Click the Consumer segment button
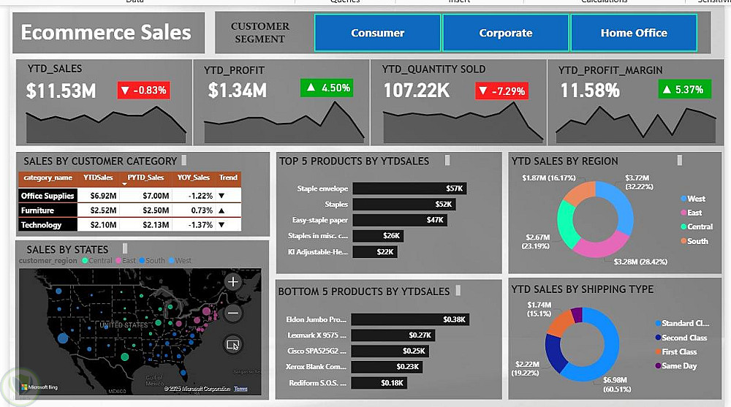pyautogui.click(x=377, y=33)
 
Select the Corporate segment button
pyautogui.click(x=505, y=33)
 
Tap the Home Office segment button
pyautogui.click(x=634, y=33)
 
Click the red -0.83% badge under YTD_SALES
pyautogui.click(x=143, y=91)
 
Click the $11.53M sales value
pyautogui.click(x=61, y=91)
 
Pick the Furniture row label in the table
pyautogui.click(x=37, y=210)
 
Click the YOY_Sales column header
pyautogui.click(x=194, y=178)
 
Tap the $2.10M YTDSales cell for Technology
pyautogui.click(x=94, y=225)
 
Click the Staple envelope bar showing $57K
pyautogui.click(x=409, y=189)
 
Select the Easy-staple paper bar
pyautogui.click(x=399, y=220)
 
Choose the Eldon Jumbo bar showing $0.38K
pyautogui.click(x=409, y=319)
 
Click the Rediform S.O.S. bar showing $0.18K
pyautogui.click(x=379, y=383)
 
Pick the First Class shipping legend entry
pyautogui.click(x=679, y=351)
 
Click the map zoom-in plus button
pyautogui.click(x=233, y=281)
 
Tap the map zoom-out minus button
pyautogui.click(x=233, y=313)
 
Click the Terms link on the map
pyautogui.click(x=240, y=389)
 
